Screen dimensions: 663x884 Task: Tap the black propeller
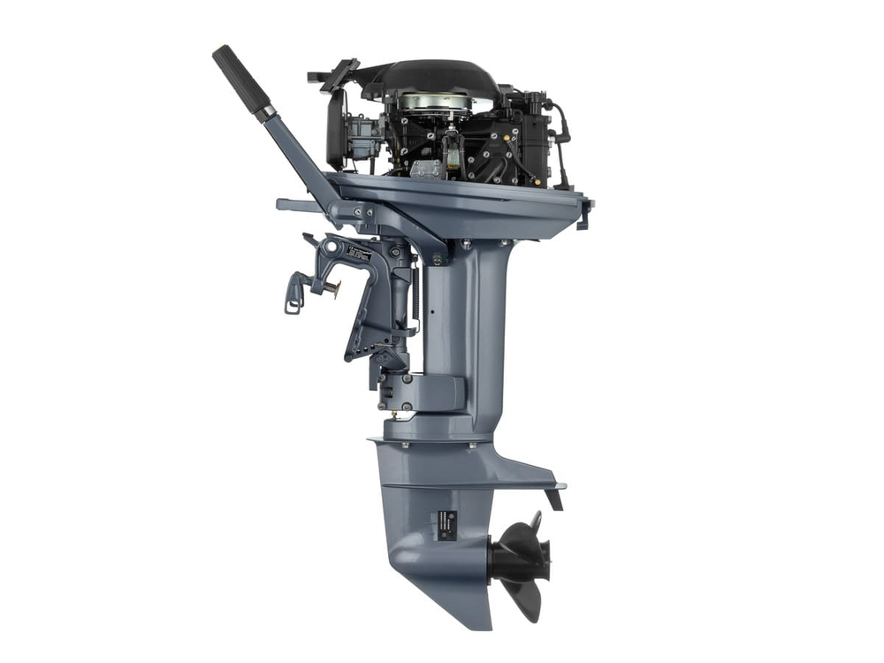522,558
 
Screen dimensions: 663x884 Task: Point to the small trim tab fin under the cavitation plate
554,499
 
